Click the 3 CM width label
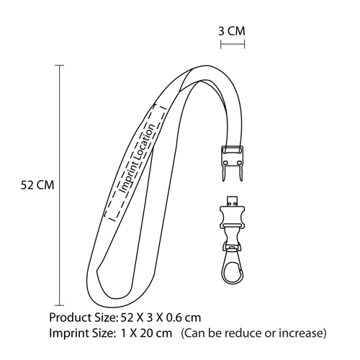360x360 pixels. [232, 31]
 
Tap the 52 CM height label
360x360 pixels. [37, 185]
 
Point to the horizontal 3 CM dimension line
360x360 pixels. [233, 44]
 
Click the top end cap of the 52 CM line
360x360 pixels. [60, 66]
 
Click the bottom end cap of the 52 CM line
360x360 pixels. [60, 305]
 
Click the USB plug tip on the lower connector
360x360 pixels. [232, 201]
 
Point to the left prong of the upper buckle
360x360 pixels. [225, 173]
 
